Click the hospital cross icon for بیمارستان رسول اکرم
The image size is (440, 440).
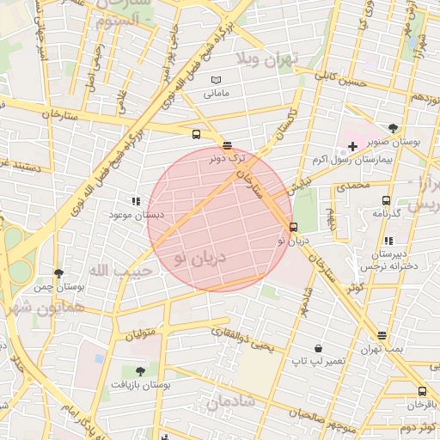(352, 147)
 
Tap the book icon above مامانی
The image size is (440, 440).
(216, 81)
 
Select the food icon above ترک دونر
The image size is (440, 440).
(227, 145)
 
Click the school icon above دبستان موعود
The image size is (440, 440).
(136, 200)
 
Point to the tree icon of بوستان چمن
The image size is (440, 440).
(58, 274)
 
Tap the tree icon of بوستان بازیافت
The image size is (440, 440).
(140, 371)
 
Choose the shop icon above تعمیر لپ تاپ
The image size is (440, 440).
(319, 349)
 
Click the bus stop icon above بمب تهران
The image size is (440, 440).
(382, 335)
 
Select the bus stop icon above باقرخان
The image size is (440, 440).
(422, 392)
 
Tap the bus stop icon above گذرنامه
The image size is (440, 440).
(386, 199)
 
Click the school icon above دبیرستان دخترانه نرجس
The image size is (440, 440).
(388, 241)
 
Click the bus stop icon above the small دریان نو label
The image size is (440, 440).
(294, 228)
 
